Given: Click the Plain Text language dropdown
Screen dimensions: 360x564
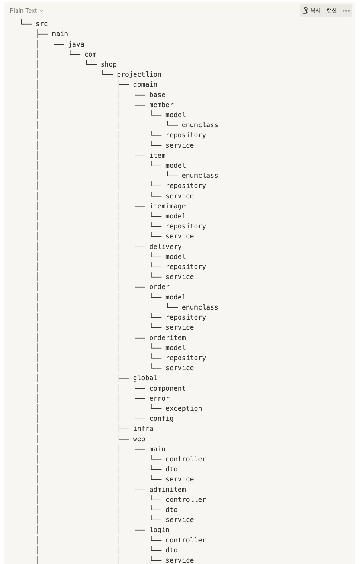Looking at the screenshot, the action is click(26, 10).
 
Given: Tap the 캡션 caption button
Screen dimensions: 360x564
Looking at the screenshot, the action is click(331, 10).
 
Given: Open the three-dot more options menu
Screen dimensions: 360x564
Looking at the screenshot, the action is click(346, 10).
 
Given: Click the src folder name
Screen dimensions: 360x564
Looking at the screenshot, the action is click(42, 24).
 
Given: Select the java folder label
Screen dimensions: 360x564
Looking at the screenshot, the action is click(76, 44).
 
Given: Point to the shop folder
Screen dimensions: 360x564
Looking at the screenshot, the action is click(109, 64).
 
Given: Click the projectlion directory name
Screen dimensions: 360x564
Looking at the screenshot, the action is click(139, 74).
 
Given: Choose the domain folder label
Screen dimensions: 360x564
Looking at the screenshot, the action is click(145, 84).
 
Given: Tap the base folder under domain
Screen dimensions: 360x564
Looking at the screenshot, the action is click(157, 95).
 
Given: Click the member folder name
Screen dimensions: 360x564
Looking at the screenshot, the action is click(161, 105).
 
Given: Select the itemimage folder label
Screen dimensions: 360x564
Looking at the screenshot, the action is click(167, 206).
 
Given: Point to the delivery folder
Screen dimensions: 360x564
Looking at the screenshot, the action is click(165, 247).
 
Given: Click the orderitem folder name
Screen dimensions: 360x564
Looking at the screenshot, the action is click(167, 338).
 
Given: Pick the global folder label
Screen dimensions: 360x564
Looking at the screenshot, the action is click(145, 378).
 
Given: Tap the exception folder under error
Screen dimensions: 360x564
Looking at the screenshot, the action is click(184, 408).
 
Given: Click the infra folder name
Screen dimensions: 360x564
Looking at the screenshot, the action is click(143, 429).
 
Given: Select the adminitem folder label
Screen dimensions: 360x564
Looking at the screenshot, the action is click(167, 490).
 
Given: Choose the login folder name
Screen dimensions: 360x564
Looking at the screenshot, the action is click(160, 530).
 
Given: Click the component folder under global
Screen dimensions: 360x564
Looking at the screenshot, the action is click(167, 388).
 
